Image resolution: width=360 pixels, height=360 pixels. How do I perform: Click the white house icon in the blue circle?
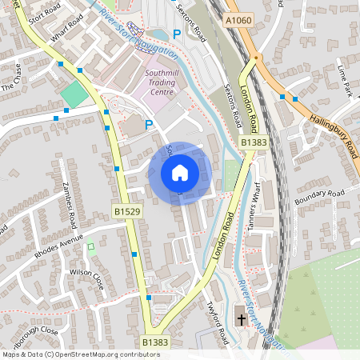[x=179, y=171]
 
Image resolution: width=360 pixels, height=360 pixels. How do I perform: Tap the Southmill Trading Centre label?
[x=166, y=83]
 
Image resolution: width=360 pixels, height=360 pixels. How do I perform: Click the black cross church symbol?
[x=242, y=320]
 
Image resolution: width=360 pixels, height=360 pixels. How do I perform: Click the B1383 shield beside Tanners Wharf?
[x=253, y=142]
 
